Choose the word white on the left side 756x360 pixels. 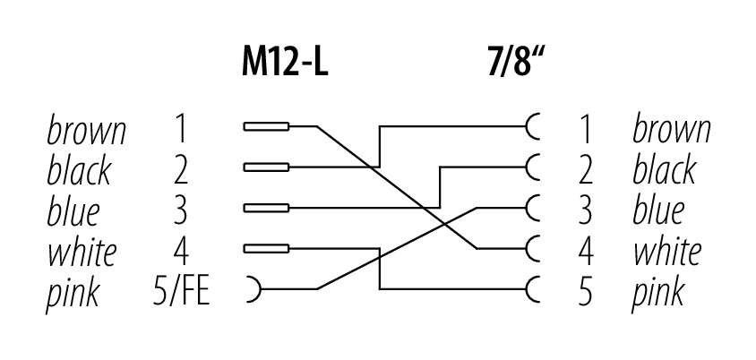[81, 251]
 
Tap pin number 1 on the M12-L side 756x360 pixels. [181, 130]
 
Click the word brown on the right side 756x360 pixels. [672, 130]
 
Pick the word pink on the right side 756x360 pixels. [658, 292]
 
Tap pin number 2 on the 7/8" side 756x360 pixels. [586, 170]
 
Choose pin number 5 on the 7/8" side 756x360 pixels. [586, 291]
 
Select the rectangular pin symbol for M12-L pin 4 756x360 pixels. [266, 248]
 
